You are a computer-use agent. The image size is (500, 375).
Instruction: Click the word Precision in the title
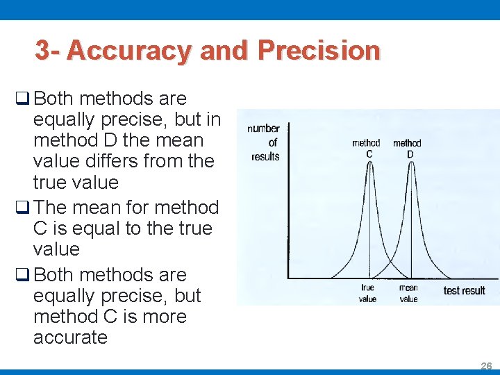pyautogui.click(x=319, y=51)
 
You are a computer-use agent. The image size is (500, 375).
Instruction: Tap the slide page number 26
pyautogui.click(x=486, y=365)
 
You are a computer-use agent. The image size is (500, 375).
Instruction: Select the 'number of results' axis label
pyautogui.click(x=264, y=142)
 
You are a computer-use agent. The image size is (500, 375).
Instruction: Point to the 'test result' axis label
pyautogui.click(x=464, y=290)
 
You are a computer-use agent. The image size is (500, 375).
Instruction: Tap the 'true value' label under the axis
pyautogui.click(x=367, y=293)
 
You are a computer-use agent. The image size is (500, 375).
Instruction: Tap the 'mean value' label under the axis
pyautogui.click(x=408, y=293)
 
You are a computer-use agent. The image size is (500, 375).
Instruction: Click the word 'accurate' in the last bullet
pyautogui.click(x=70, y=337)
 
